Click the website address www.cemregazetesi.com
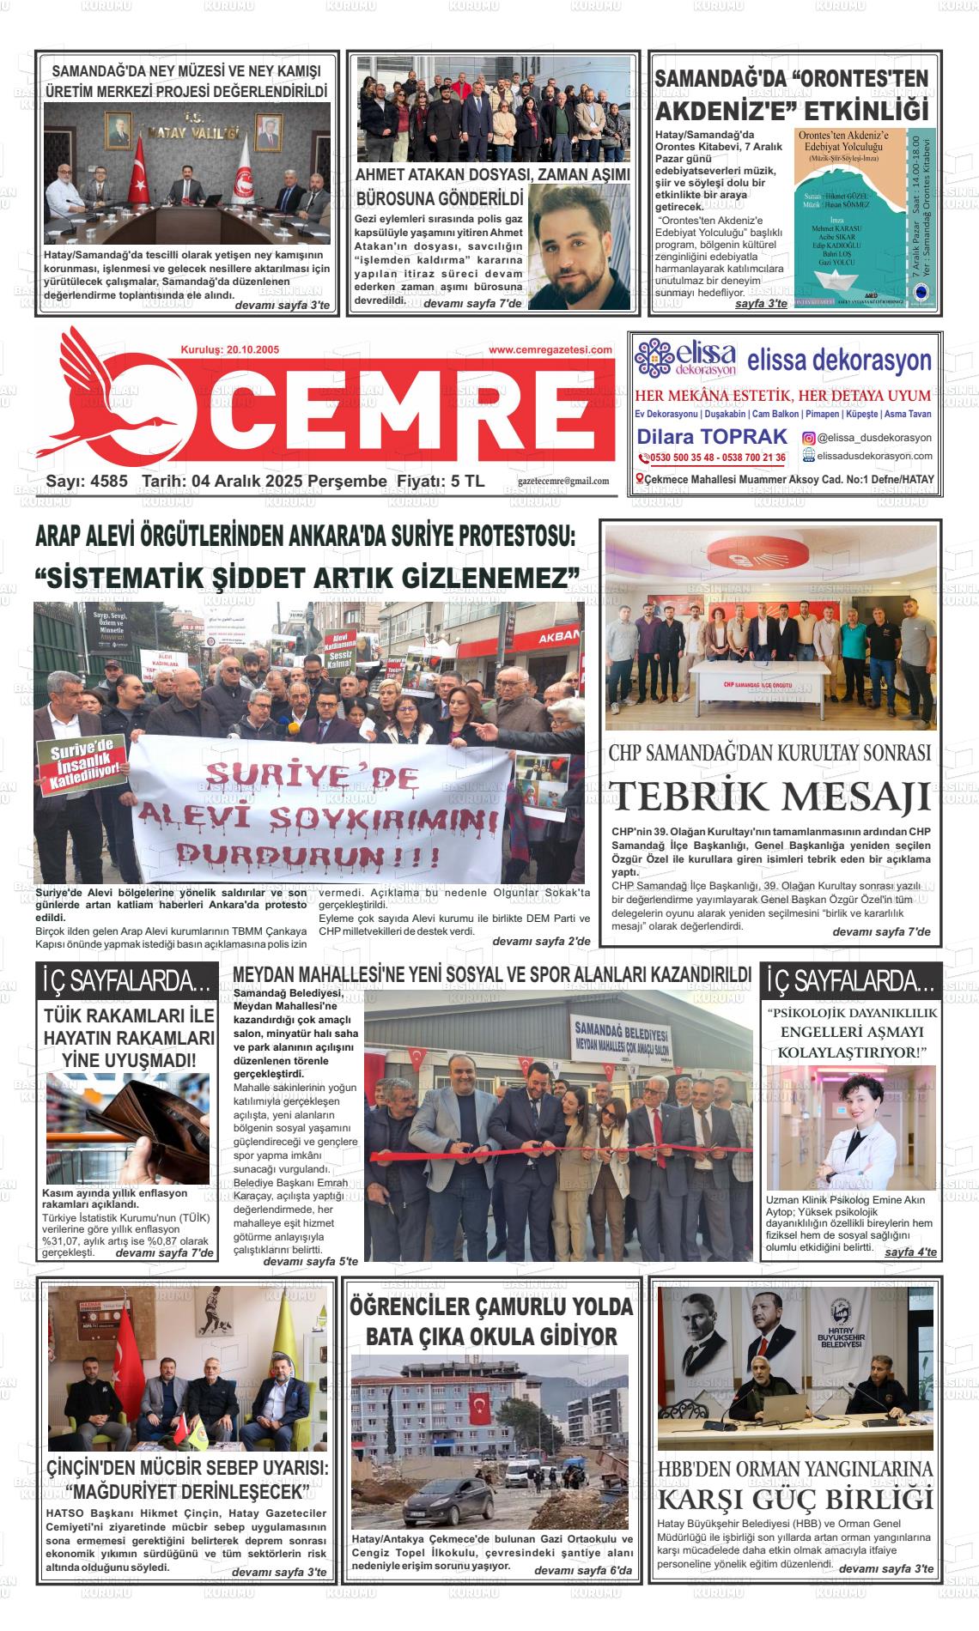pyautogui.click(x=550, y=349)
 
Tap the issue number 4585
pyautogui.click(x=107, y=482)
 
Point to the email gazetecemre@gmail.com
pyautogui.click(x=563, y=482)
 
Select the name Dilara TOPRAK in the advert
pyautogui.click(x=700, y=436)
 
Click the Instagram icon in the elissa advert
pyautogui.click(x=808, y=438)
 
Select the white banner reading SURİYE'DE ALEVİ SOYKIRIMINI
pyautogui.click(x=318, y=807)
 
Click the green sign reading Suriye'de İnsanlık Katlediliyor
pyautogui.click(x=82, y=760)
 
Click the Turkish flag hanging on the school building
pyautogui.click(x=482, y=1409)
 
